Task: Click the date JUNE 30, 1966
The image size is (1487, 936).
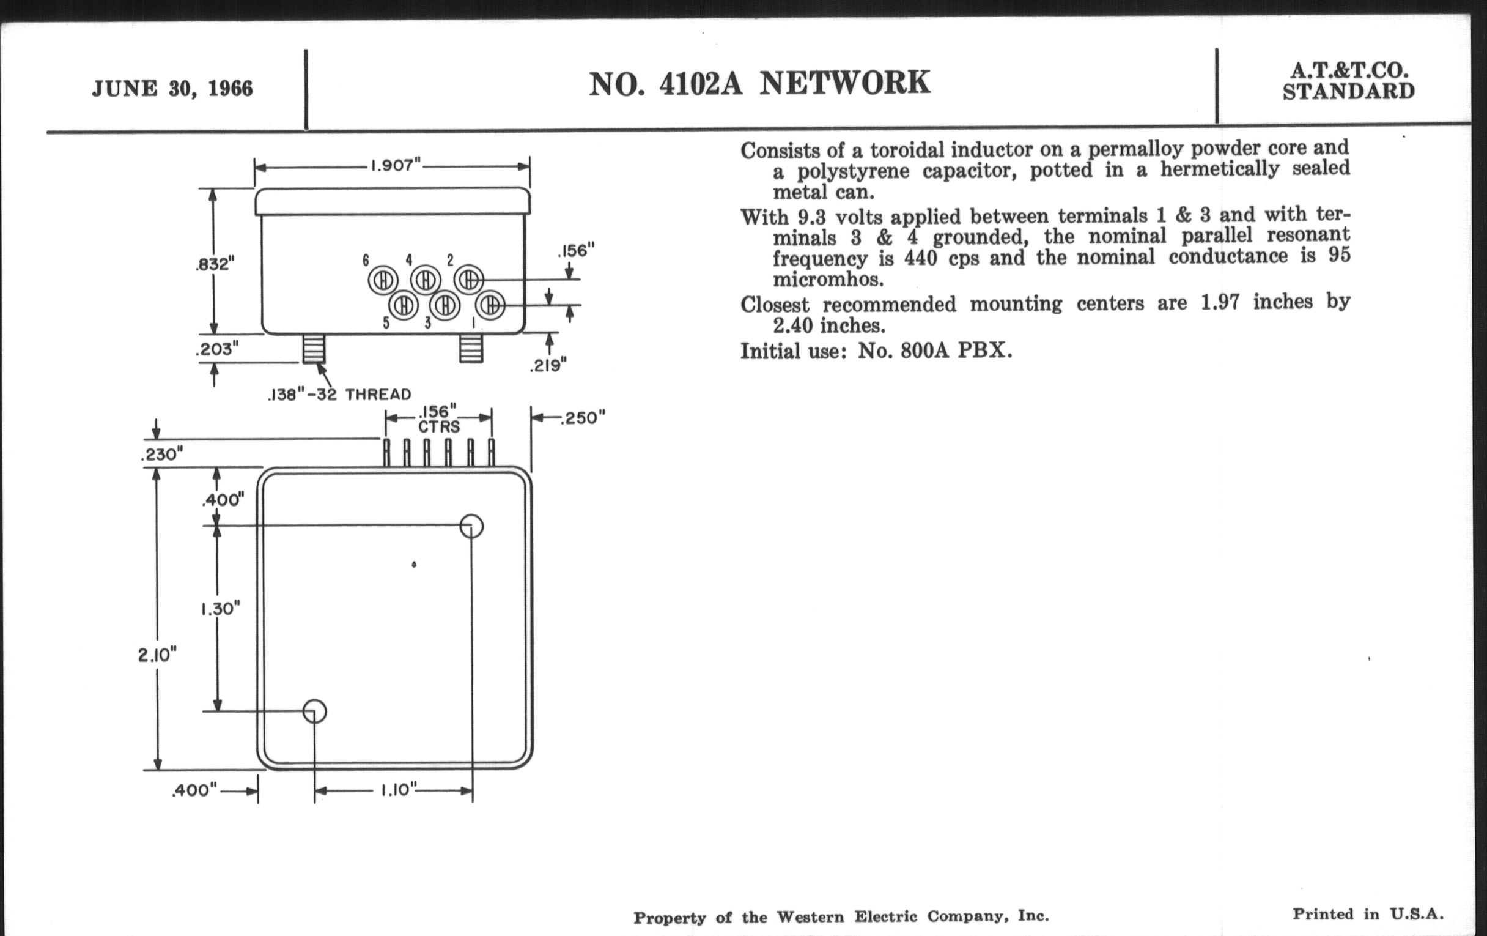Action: (172, 88)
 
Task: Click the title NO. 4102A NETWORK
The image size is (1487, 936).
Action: (759, 83)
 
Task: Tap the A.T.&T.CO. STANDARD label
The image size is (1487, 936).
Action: (1349, 81)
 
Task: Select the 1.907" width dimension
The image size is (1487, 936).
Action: (395, 166)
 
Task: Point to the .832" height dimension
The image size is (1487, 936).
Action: (215, 264)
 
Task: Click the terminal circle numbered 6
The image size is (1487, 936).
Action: (383, 280)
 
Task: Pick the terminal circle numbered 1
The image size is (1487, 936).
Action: (490, 305)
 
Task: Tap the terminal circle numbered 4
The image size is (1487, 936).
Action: (426, 280)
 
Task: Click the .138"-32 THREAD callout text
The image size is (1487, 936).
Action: (339, 394)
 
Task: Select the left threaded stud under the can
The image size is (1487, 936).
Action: (314, 349)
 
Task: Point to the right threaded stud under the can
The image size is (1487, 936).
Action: (471, 349)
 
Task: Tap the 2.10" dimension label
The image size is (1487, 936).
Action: (158, 655)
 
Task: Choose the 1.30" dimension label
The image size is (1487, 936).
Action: (220, 609)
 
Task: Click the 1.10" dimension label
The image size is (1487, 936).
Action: (398, 790)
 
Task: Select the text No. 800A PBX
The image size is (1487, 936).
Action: (935, 351)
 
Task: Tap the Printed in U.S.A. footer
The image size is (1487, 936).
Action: (1368, 915)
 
